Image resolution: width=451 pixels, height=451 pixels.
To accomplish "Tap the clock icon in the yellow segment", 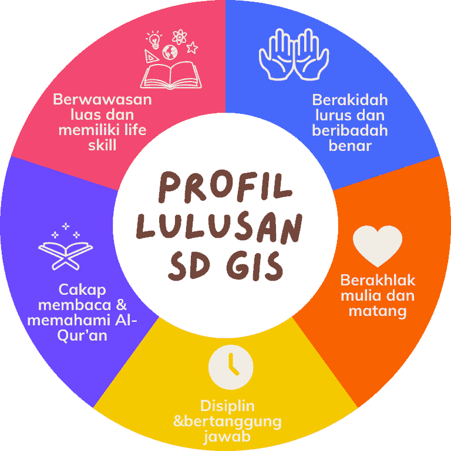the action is (x=231, y=367).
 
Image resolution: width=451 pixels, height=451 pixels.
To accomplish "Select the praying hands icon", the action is (x=294, y=55).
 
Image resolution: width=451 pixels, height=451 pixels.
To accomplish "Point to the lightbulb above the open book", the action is (x=154, y=40).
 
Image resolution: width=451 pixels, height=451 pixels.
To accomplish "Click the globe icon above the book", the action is (x=170, y=52).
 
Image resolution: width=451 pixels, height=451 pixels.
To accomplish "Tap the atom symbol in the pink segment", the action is (x=180, y=37).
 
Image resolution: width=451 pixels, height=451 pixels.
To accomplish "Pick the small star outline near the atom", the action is (x=192, y=48).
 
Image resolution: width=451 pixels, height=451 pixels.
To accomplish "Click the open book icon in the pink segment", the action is (x=171, y=75).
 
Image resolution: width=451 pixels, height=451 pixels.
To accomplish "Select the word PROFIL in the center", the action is (x=225, y=186).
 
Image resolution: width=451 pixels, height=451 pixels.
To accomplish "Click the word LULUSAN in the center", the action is (x=219, y=228).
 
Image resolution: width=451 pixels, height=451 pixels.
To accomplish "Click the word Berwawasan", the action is (x=102, y=99).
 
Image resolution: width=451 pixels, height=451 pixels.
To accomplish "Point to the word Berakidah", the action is (x=350, y=100).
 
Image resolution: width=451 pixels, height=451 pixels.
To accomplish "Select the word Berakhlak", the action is (x=378, y=280).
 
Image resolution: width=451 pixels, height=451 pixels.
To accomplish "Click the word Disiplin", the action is (x=227, y=406).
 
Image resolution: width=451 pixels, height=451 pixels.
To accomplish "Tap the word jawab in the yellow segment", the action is (x=227, y=437).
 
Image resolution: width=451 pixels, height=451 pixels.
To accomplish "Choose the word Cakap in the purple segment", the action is (x=82, y=290).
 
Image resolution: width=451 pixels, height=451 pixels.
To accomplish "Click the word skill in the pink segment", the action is (x=102, y=145).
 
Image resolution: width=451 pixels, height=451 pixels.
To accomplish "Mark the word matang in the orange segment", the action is (x=378, y=311).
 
